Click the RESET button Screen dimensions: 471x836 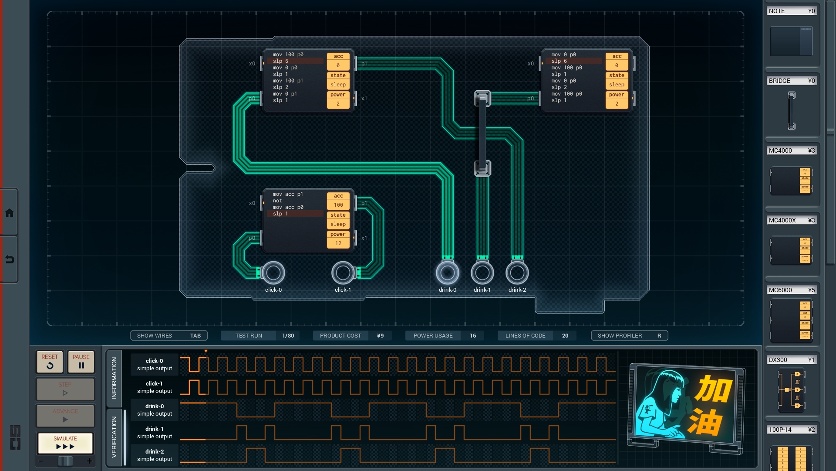(x=50, y=362)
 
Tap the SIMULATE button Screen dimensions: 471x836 (x=65, y=443)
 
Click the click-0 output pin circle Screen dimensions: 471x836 (x=273, y=273)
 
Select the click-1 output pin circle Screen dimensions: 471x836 (x=343, y=273)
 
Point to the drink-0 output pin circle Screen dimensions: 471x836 (x=447, y=273)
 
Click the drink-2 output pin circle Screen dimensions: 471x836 (x=517, y=273)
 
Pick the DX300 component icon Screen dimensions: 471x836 (x=791, y=390)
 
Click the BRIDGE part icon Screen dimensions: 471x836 (x=791, y=111)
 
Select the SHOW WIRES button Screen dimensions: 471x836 (x=169, y=335)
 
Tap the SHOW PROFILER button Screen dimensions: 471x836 (x=629, y=335)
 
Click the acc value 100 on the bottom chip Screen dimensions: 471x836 (x=338, y=205)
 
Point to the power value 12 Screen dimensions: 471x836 (x=338, y=243)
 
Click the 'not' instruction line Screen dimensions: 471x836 (x=277, y=201)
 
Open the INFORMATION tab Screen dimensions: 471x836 (x=114, y=378)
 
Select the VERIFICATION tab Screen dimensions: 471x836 (x=114, y=437)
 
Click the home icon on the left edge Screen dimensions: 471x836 (x=9, y=213)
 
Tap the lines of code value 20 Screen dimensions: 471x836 (x=565, y=335)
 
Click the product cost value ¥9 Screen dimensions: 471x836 (x=380, y=335)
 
